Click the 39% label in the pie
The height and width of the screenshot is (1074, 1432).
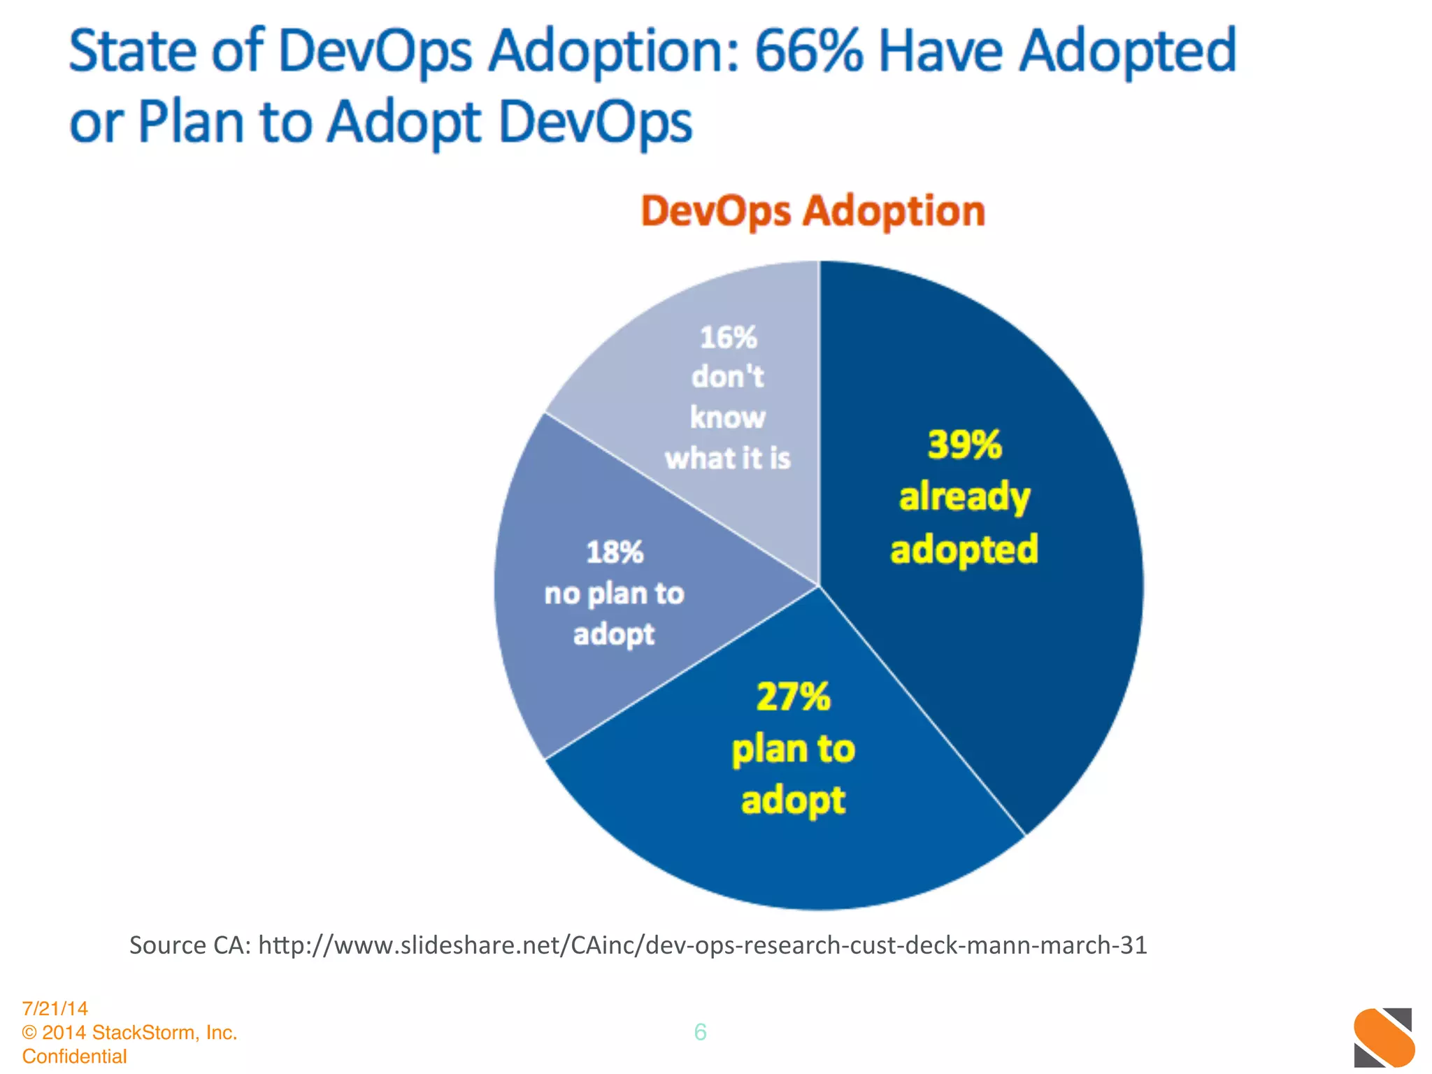pyautogui.click(x=964, y=445)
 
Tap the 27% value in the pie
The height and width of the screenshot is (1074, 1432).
pyautogui.click(x=793, y=697)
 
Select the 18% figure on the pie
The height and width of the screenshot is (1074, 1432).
pyautogui.click(x=614, y=552)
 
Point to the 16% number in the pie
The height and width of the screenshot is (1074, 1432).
pyautogui.click(x=728, y=338)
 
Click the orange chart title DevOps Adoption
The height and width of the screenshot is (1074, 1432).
pyautogui.click(x=812, y=210)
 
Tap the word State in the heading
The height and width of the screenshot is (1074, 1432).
pyautogui.click(x=133, y=51)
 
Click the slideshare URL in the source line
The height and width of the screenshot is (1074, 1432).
pyautogui.click(x=702, y=945)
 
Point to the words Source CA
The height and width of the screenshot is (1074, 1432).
pyautogui.click(x=189, y=945)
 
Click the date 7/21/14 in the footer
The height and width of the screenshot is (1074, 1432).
pyautogui.click(x=55, y=1008)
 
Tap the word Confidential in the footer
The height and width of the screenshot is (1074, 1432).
pyautogui.click(x=75, y=1056)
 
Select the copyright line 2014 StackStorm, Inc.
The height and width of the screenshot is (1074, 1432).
pyautogui.click(x=138, y=1032)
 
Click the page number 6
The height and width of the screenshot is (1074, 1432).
pyautogui.click(x=700, y=1032)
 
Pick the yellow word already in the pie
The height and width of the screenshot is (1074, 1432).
pyautogui.click(x=964, y=497)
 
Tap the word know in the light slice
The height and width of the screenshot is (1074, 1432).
pyautogui.click(x=728, y=417)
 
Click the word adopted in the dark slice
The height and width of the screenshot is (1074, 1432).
pyautogui.click(x=964, y=549)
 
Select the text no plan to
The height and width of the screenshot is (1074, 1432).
pyautogui.click(x=614, y=594)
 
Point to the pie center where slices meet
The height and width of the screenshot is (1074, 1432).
pyautogui.click(x=819, y=586)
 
